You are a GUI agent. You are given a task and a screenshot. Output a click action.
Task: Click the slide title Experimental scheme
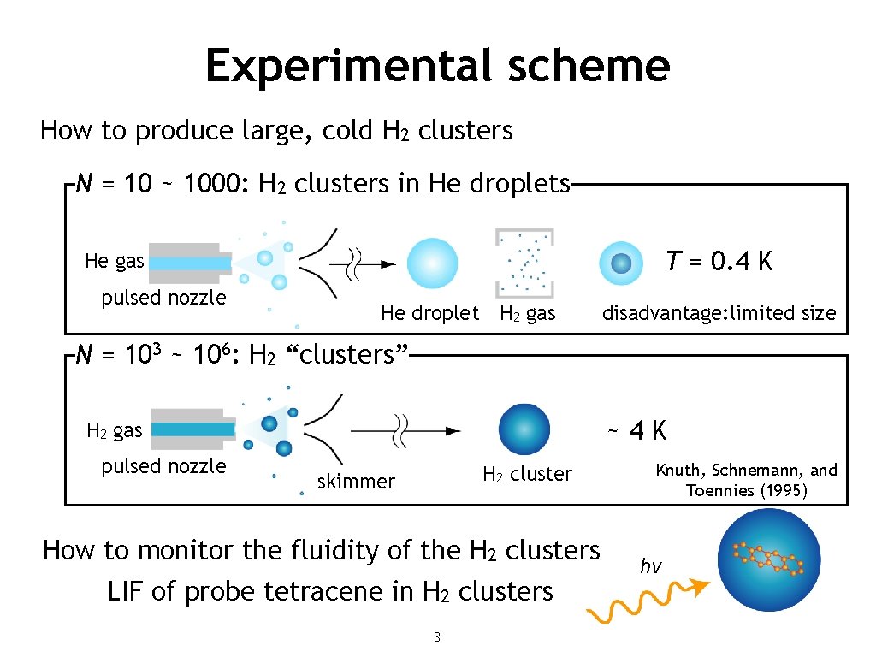(437, 65)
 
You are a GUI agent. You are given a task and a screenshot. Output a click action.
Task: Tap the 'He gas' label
(115, 261)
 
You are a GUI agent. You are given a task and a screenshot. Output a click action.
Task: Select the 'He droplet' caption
(429, 313)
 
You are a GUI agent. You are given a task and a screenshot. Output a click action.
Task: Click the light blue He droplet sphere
(432, 263)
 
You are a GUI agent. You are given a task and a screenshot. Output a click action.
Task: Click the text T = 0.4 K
(719, 262)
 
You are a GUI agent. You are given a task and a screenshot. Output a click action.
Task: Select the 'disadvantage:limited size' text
(719, 313)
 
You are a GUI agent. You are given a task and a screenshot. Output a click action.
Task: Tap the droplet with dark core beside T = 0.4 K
(622, 263)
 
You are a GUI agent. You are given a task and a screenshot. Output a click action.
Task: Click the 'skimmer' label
(356, 482)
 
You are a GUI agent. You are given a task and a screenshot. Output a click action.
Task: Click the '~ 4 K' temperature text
(636, 430)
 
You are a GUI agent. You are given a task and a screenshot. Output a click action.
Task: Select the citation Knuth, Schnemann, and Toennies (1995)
(746, 480)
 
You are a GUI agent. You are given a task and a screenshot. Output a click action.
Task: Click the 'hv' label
(650, 566)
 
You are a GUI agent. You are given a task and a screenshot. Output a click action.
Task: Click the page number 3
(437, 636)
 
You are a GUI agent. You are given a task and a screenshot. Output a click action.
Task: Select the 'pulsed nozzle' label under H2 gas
(163, 466)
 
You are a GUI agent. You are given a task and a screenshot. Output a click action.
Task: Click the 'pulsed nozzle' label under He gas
(163, 298)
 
